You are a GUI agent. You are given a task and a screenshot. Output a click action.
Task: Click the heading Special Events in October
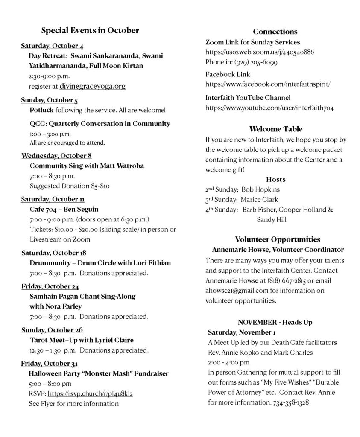coord(90,31)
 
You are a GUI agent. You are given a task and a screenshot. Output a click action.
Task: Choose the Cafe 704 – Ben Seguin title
coord(64,210)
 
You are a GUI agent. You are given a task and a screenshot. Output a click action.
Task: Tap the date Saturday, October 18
coord(54,253)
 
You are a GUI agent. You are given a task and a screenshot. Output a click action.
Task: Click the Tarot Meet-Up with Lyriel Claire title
coord(82,340)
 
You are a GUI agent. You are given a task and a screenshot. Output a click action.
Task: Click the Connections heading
coord(275,32)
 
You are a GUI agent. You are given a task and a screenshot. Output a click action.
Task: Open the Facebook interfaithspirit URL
coord(268,84)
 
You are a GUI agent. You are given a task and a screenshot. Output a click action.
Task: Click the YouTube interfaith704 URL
coord(269,108)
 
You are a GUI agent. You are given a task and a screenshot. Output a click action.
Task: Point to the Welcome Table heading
coord(275,129)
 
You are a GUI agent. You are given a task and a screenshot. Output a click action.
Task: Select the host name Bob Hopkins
coord(262,189)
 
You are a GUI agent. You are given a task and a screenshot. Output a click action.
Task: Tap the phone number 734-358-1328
coord(291,402)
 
